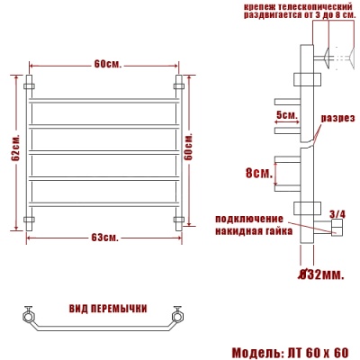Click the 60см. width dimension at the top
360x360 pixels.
tap(106, 64)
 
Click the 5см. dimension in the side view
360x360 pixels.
tap(285, 115)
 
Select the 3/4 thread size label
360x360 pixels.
tap(337, 213)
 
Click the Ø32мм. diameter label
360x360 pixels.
tap(319, 274)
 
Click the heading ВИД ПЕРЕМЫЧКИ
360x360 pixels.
tap(108, 308)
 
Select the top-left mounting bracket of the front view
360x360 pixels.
tap(29, 86)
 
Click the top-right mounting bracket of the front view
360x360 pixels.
tap(178, 86)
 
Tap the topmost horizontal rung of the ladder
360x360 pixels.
tap(103, 94)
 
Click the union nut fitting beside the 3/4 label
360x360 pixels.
tap(335, 231)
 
